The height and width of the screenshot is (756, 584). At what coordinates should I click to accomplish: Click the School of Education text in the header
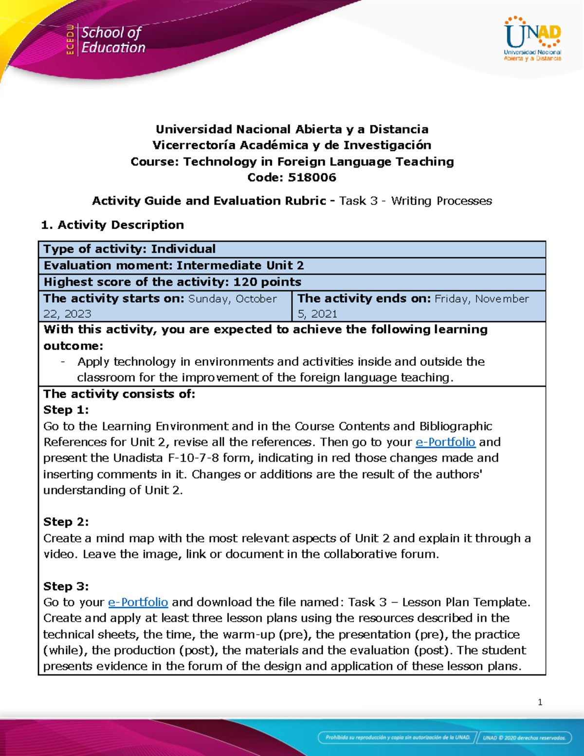point(113,40)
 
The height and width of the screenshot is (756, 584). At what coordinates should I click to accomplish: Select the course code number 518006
point(312,177)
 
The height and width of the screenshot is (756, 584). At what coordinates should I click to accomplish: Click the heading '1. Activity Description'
point(112,224)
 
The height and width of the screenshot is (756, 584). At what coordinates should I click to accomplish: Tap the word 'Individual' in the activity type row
point(183,249)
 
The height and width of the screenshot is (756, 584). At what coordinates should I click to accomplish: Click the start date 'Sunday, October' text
point(232,298)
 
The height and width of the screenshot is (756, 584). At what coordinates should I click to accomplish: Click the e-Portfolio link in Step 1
point(445,442)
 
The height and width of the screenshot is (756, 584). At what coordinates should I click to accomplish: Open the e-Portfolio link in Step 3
point(138,602)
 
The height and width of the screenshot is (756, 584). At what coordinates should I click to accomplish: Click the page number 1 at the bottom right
point(540,702)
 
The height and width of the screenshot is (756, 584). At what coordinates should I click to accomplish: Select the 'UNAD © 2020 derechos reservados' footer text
point(524,738)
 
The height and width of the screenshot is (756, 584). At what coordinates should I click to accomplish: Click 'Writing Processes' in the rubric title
point(441,201)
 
